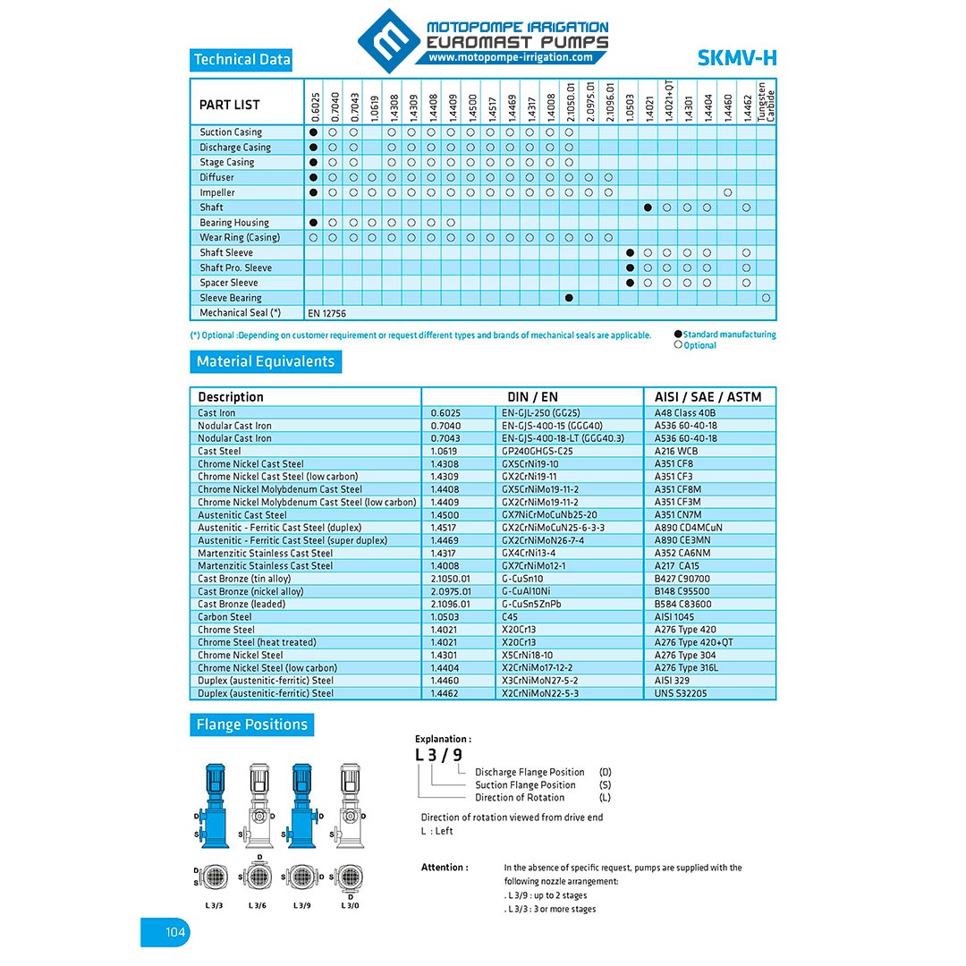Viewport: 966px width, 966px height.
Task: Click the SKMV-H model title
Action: tap(736, 59)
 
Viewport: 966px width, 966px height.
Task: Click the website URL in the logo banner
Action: tap(510, 57)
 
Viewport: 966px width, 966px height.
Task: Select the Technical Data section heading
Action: tap(242, 60)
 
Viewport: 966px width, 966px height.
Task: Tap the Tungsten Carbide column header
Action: tap(767, 102)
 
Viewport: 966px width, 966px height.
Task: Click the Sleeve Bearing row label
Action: tap(231, 298)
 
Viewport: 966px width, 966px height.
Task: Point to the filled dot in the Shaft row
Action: tap(648, 208)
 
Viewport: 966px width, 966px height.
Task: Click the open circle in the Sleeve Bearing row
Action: tap(766, 298)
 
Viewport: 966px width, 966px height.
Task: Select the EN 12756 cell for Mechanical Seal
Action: tap(326, 313)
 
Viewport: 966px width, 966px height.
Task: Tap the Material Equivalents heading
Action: tap(266, 362)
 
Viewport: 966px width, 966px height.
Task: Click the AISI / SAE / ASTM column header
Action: tap(709, 397)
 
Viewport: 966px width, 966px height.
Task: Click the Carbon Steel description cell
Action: tap(225, 617)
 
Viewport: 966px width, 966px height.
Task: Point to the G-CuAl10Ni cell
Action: tap(527, 591)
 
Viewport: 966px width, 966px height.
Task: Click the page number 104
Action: tap(174, 933)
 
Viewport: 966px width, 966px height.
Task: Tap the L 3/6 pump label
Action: tap(258, 905)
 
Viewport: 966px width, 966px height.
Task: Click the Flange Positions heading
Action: tap(251, 724)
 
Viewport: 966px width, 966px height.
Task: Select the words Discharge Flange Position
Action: tap(530, 772)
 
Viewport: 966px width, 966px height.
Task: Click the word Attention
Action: tap(445, 868)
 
